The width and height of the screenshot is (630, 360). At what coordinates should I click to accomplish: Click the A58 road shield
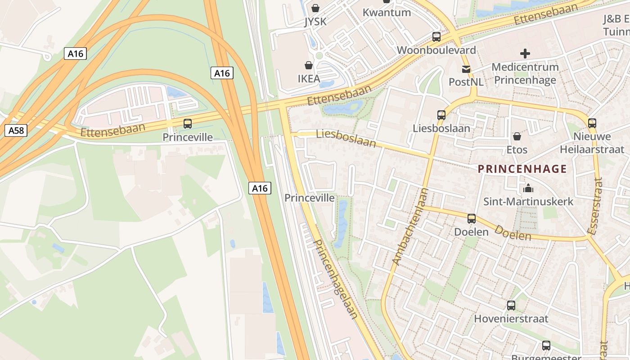coord(16,130)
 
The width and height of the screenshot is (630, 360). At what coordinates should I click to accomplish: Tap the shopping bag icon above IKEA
coord(309,66)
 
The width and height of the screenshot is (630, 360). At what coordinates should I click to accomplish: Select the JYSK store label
coord(315,21)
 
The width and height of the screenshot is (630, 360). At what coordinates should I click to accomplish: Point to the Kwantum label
coord(387,12)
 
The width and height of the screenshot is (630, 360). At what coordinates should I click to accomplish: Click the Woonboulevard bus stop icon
coord(436,37)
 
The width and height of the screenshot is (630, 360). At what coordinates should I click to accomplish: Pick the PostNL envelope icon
coord(466,69)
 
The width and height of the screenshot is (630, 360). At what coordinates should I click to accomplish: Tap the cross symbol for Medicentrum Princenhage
coord(525,54)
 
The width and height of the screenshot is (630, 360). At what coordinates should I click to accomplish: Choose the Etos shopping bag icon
coord(517,136)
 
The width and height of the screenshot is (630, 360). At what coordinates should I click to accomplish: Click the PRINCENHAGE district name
coord(522,169)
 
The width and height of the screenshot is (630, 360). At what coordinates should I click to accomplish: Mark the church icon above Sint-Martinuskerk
coord(528,188)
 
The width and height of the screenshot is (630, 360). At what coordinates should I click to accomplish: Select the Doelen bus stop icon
coord(471,219)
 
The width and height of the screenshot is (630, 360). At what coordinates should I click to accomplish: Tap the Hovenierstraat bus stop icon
coord(511,306)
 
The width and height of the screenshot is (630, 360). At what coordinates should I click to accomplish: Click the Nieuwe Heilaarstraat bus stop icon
coord(592,123)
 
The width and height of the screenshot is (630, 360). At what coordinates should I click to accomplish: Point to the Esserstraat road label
coord(595,206)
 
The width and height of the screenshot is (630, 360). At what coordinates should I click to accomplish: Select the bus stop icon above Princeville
coord(187,123)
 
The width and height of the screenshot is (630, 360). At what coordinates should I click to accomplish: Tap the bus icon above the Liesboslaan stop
coord(441,115)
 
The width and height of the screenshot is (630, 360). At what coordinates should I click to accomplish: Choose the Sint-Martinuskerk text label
coord(528,201)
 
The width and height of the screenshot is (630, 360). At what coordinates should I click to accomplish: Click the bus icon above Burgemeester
coord(546,346)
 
